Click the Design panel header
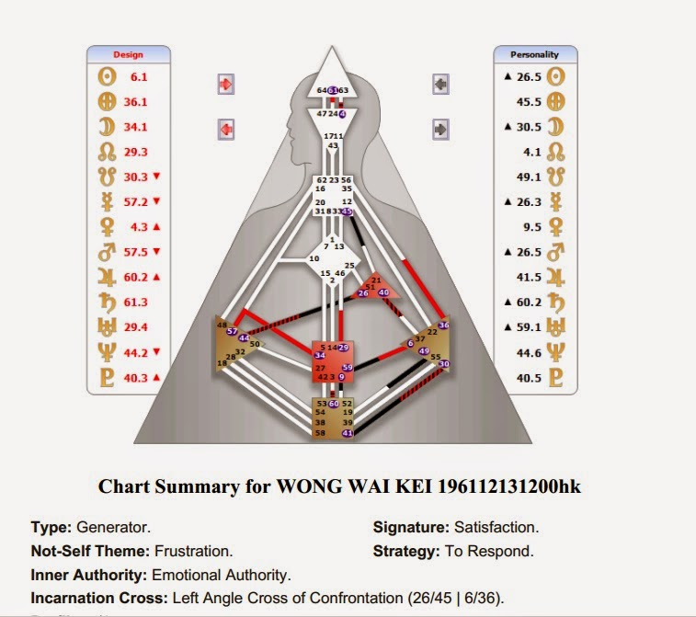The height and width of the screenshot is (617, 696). pos(128,54)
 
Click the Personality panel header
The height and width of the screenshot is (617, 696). pos(535,54)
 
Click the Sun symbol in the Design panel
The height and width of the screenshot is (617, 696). pos(108,78)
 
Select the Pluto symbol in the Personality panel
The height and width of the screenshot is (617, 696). pos(555,377)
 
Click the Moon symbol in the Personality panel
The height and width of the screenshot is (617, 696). pos(555,127)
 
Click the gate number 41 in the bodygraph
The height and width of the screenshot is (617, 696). pos(347,432)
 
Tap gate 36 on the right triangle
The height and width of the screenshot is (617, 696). pos(444,324)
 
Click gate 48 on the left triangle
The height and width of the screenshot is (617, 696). pos(222,324)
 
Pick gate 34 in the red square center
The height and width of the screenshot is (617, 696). pos(319,355)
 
